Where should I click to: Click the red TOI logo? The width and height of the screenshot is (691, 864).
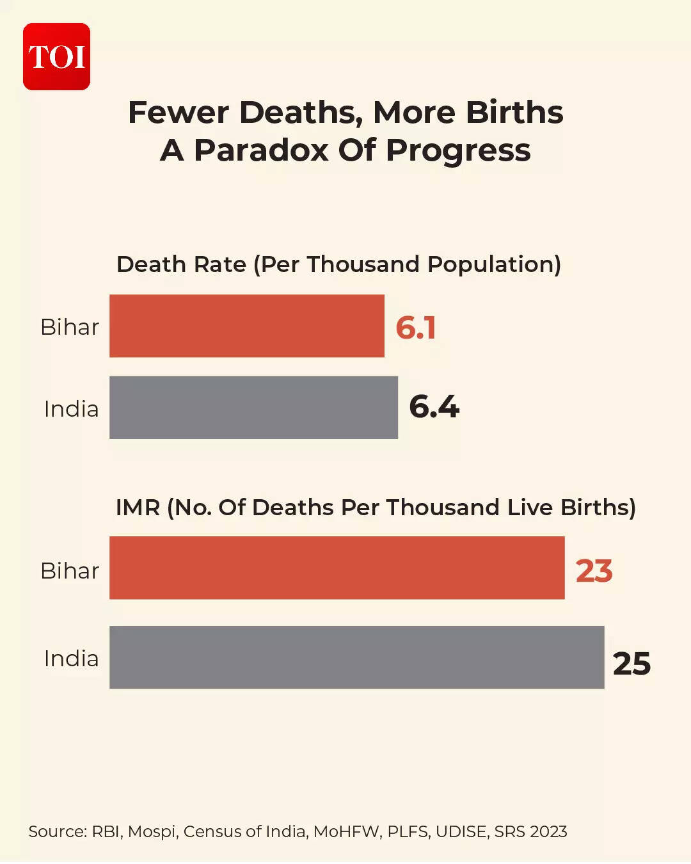[x=56, y=56]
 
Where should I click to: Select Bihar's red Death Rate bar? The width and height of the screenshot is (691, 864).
[x=246, y=326]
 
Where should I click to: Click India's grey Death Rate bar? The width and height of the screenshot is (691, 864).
[x=253, y=407]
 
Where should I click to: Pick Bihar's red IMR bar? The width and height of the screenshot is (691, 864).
[x=337, y=568]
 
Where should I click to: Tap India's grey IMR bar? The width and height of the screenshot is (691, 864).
[x=356, y=657]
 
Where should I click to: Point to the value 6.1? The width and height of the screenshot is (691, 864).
[x=416, y=328]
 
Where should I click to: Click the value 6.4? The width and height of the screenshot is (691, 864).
[x=434, y=407]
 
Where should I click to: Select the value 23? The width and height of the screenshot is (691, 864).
[x=594, y=570]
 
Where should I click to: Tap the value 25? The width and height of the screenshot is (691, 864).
[x=631, y=663]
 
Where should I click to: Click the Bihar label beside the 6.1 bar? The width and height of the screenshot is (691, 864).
[x=70, y=327]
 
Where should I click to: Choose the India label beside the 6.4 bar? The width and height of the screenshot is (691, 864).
[x=71, y=409]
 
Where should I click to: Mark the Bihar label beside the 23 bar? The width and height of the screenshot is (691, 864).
[x=70, y=571]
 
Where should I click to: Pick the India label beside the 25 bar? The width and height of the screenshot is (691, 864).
[x=71, y=659]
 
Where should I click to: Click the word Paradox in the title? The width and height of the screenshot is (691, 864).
[x=262, y=150]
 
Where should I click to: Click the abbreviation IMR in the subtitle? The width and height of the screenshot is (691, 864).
[x=138, y=508]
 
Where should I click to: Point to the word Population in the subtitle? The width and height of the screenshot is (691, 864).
[x=494, y=264]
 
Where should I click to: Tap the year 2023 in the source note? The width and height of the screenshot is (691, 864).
[x=548, y=831]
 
